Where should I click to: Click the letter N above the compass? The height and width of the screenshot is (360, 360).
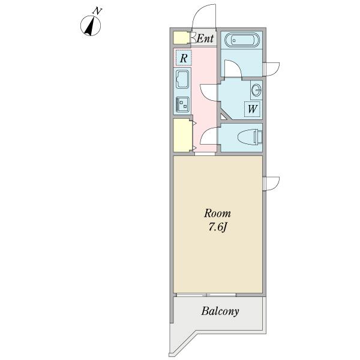pyautogui.click(x=97, y=11)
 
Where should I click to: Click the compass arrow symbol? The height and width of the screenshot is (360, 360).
pyautogui.click(x=91, y=25)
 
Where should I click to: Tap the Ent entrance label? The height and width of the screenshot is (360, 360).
pyautogui.click(x=205, y=38)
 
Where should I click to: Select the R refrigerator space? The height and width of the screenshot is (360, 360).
pyautogui.click(x=184, y=58)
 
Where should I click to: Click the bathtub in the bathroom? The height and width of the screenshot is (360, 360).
pyautogui.click(x=242, y=40)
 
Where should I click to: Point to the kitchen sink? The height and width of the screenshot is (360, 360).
pyautogui.click(x=182, y=79)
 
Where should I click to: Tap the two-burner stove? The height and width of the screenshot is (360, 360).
pyautogui.click(x=182, y=104)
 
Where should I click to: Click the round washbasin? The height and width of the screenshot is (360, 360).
pyautogui.click(x=256, y=90)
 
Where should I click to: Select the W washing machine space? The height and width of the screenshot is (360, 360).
pyautogui.click(x=253, y=109)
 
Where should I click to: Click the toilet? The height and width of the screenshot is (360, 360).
pyautogui.click(x=250, y=137)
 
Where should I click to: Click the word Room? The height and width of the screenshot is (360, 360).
pyautogui.click(x=217, y=213)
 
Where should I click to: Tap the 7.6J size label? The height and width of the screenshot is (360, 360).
pyautogui.click(x=217, y=227)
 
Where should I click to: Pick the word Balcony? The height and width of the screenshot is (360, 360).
pyautogui.click(x=220, y=311)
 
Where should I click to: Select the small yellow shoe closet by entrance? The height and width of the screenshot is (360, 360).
pyautogui.click(x=181, y=38)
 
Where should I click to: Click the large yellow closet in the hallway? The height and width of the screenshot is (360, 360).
pyautogui.click(x=182, y=135)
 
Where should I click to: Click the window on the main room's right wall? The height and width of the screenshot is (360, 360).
pyautogui.click(x=271, y=184)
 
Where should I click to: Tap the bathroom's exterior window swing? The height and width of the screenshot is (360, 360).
pyautogui.click(x=271, y=69)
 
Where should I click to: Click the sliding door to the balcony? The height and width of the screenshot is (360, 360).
pyautogui.click(x=206, y=295)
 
